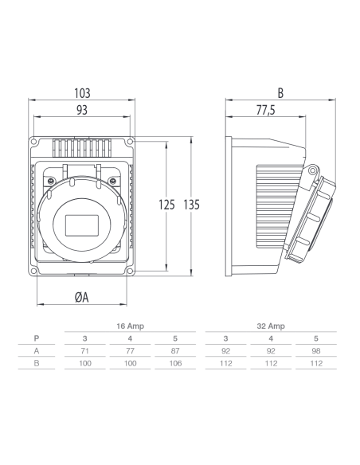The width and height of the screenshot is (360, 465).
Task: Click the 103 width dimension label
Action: tap(82, 93)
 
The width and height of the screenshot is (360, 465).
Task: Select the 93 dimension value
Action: tap(82, 110)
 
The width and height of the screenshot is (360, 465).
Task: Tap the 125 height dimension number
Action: tap(166, 205)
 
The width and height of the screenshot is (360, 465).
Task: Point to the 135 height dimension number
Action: tap(191, 205)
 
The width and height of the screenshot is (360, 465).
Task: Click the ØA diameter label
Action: tap(82, 297)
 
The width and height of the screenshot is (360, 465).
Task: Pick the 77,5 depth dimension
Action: tap(266, 110)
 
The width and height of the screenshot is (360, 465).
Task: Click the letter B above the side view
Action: tap(280, 93)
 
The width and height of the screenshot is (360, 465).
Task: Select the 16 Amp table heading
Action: tap(130, 326)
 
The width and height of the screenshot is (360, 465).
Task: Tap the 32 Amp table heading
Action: tap(271, 326)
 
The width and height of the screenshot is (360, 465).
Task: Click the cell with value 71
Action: tap(84, 351)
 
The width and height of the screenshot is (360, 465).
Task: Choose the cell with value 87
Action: tap(175, 351)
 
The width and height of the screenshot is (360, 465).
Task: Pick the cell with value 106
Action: tap(175, 363)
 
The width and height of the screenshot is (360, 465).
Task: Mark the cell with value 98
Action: tap(316, 351)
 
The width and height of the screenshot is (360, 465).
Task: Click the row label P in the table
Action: tap(37, 338)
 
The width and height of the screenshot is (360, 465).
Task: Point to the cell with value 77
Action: tap(130, 351)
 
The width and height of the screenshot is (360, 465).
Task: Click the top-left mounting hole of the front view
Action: tap(33, 142)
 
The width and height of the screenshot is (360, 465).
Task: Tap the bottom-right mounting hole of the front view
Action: tap(130, 271)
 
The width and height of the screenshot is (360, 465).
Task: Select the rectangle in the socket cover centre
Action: tap(82, 225)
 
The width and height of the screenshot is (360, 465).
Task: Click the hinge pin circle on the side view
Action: tap(312, 170)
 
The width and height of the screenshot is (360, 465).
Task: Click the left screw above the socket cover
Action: tap(51, 180)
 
